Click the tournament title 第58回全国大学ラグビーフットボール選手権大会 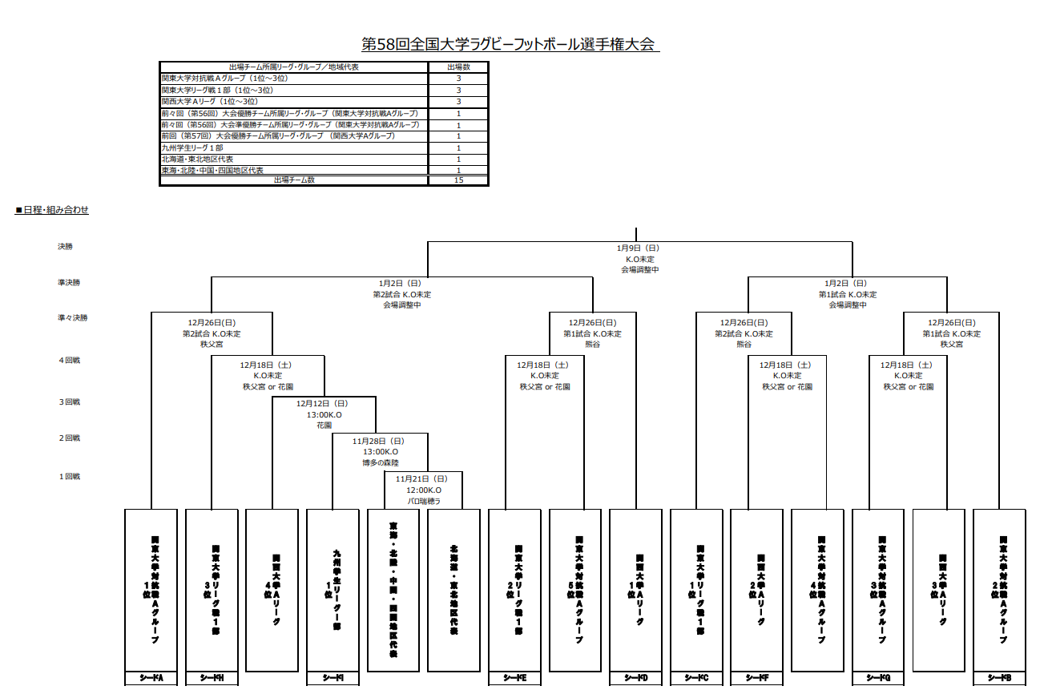point(510,43)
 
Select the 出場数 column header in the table point(458,67)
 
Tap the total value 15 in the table point(458,180)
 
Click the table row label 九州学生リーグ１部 point(192,147)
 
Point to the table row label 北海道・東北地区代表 point(197,159)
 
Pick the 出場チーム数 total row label point(294,180)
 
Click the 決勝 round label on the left point(65,247)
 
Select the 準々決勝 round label point(72,318)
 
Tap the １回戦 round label point(69,477)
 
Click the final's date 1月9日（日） point(639,248)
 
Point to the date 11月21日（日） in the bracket point(424,478)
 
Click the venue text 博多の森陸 point(380,463)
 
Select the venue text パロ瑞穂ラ point(424,502)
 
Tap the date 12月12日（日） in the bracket point(324,403)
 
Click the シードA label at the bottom point(151,679)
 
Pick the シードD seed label point(636,679)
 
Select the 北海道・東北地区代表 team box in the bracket point(454,590)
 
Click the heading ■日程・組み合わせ point(52,210)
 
